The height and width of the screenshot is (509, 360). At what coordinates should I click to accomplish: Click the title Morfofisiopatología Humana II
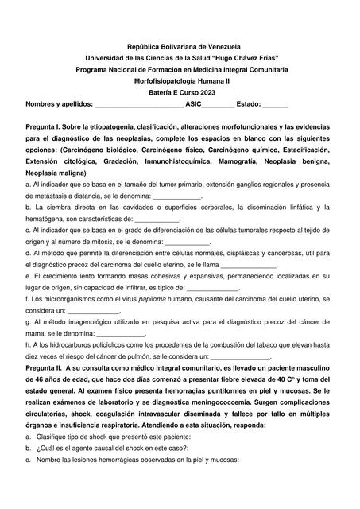pos(180,81)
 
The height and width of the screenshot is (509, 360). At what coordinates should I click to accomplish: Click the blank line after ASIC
pos(218,105)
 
